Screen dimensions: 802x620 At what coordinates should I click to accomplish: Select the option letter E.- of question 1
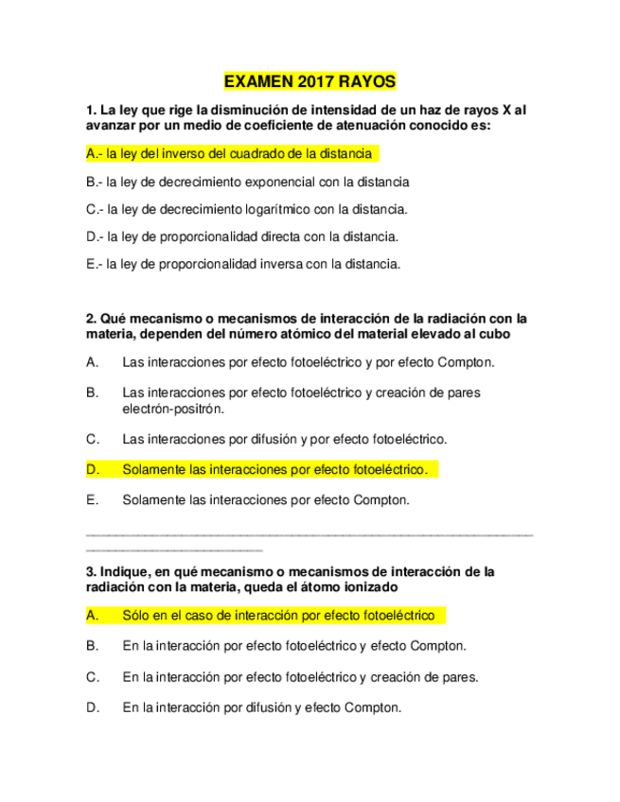94,264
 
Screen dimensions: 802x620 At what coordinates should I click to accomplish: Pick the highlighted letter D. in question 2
93,469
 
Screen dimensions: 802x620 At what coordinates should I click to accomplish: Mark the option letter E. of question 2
92,498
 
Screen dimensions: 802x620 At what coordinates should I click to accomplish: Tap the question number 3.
90,571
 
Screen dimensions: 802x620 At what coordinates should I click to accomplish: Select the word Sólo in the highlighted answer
136,616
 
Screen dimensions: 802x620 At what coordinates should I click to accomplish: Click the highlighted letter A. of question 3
93,616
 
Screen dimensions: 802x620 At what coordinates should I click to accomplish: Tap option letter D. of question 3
93,706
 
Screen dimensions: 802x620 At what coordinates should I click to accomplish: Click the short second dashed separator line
174,549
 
